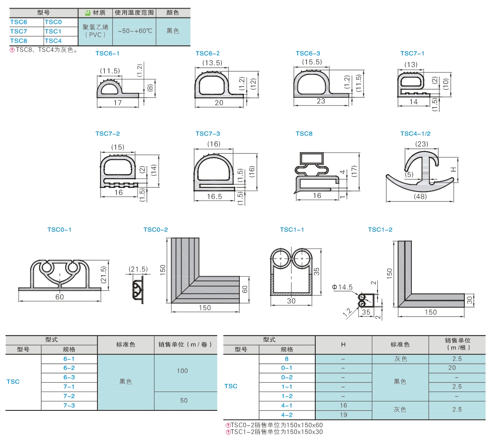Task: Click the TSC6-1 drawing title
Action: coord(107,53)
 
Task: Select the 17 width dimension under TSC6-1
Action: coord(118,103)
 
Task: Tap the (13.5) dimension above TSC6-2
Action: coord(212,63)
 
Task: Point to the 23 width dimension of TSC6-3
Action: coord(321,101)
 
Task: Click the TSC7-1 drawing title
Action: coord(412,53)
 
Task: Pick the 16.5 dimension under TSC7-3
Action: coord(214,197)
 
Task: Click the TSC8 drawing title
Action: coord(304,134)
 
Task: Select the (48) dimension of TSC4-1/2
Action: coord(420,196)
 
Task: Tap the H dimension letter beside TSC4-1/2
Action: coord(454,170)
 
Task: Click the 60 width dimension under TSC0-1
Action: coord(60,297)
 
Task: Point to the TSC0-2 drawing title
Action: coord(156,230)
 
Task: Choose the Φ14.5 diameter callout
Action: coord(343,287)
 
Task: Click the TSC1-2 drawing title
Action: coord(380,230)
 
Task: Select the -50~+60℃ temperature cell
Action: coord(135,31)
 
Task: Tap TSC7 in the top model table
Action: coord(18,31)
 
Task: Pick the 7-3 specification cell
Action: coord(69,406)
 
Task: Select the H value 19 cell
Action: coord(344,415)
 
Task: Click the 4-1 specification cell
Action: coord(287,406)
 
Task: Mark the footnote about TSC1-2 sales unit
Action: coord(274,432)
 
